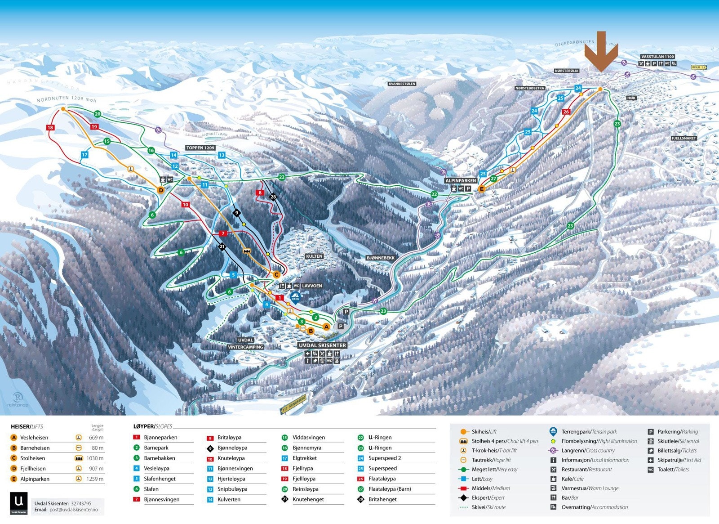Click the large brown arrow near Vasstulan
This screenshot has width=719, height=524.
(x=601, y=52)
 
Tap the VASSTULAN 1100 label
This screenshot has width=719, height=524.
(x=657, y=57)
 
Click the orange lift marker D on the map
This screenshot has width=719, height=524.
(x=161, y=190)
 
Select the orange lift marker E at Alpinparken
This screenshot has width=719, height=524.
(x=482, y=189)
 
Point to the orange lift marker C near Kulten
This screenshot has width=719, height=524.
(x=277, y=274)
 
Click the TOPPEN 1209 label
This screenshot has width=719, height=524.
(x=200, y=148)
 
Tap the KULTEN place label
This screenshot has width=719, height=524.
(x=314, y=256)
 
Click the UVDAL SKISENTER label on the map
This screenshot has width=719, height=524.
(x=322, y=345)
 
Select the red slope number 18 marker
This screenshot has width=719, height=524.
(x=50, y=128)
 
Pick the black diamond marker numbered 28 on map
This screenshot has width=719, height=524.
(x=273, y=197)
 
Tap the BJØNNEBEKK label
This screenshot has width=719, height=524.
(x=380, y=258)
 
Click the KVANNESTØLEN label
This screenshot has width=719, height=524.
(x=402, y=84)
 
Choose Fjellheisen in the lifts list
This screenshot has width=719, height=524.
(x=33, y=468)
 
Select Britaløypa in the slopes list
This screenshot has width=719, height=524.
(x=229, y=437)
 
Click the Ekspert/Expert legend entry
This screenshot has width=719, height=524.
(x=488, y=497)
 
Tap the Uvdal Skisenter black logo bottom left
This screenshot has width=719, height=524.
(x=18, y=503)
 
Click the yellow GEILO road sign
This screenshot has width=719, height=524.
(x=698, y=67)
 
